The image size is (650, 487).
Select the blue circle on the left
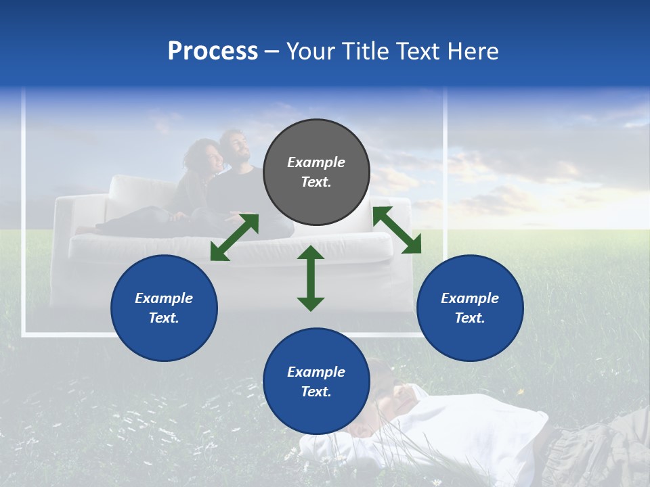point(164,308)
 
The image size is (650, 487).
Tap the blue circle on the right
point(470,308)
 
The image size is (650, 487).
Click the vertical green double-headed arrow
point(311,278)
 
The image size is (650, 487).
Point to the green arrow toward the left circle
point(234,237)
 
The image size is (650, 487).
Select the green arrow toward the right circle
point(397,230)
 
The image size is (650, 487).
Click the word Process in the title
point(213,51)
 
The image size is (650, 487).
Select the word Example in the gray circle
point(316,162)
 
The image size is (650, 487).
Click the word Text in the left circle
point(164,318)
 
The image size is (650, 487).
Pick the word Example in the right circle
point(470,298)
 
